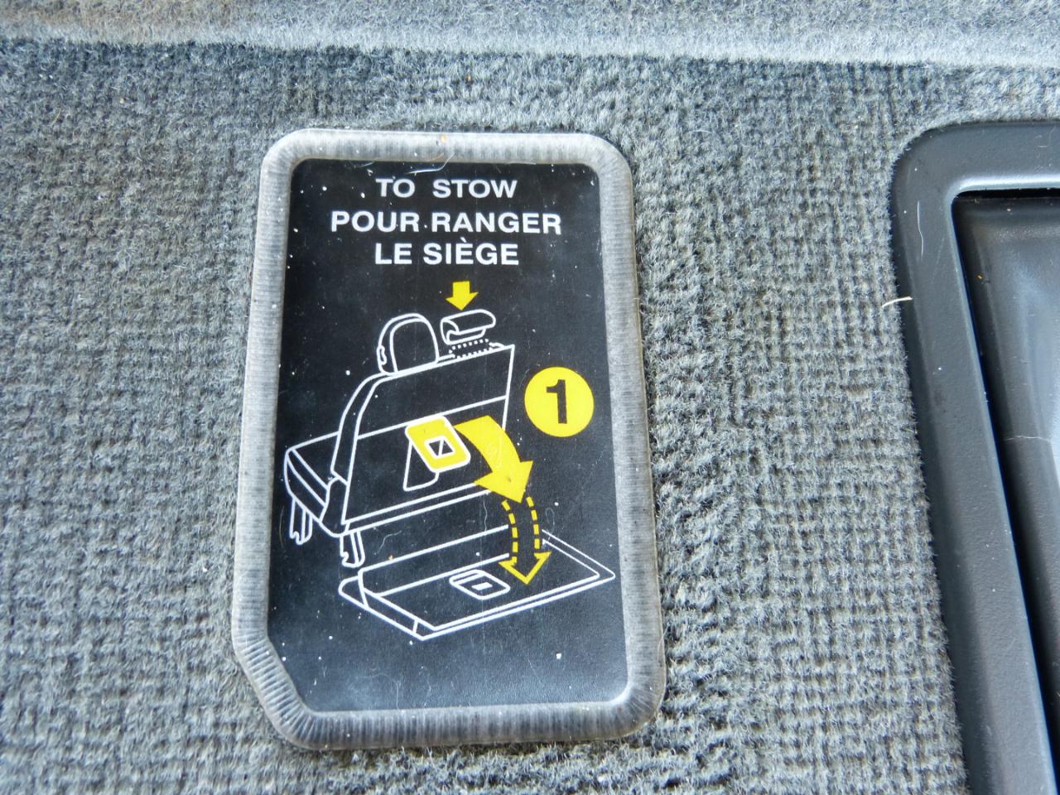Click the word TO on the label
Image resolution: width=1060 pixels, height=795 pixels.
click(395, 189)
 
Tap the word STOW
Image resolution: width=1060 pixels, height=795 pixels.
click(475, 189)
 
